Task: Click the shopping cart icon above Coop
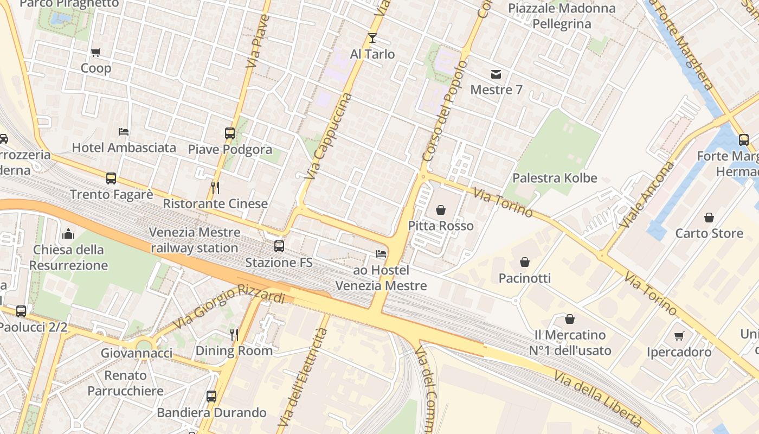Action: [x=96, y=53]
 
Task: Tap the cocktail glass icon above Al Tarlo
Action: [x=372, y=38]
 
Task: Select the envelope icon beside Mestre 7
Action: [x=496, y=74]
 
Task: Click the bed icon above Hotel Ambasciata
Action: [x=124, y=132]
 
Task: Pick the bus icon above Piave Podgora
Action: [x=229, y=133]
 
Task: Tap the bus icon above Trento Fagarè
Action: [x=111, y=178]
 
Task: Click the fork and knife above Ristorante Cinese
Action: [x=215, y=188]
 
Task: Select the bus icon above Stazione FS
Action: [x=279, y=246]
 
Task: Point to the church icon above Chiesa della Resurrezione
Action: [x=68, y=234]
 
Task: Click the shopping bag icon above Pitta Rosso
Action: [x=441, y=210]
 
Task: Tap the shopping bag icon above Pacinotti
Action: [x=524, y=263]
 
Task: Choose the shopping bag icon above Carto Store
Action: [x=709, y=218]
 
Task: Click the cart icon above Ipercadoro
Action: [x=679, y=336]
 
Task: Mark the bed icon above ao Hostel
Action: [x=381, y=254]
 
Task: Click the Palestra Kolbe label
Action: [x=555, y=178]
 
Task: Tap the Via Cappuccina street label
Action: [x=329, y=137]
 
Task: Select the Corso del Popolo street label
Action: [x=444, y=111]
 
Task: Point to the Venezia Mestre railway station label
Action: [x=194, y=240]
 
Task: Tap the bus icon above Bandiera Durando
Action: [x=211, y=397]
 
